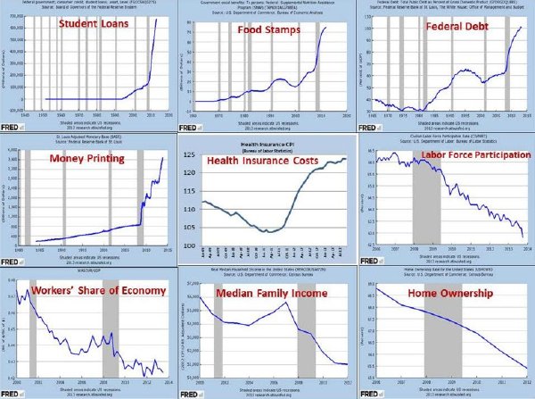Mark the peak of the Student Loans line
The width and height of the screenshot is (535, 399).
[155, 19]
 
